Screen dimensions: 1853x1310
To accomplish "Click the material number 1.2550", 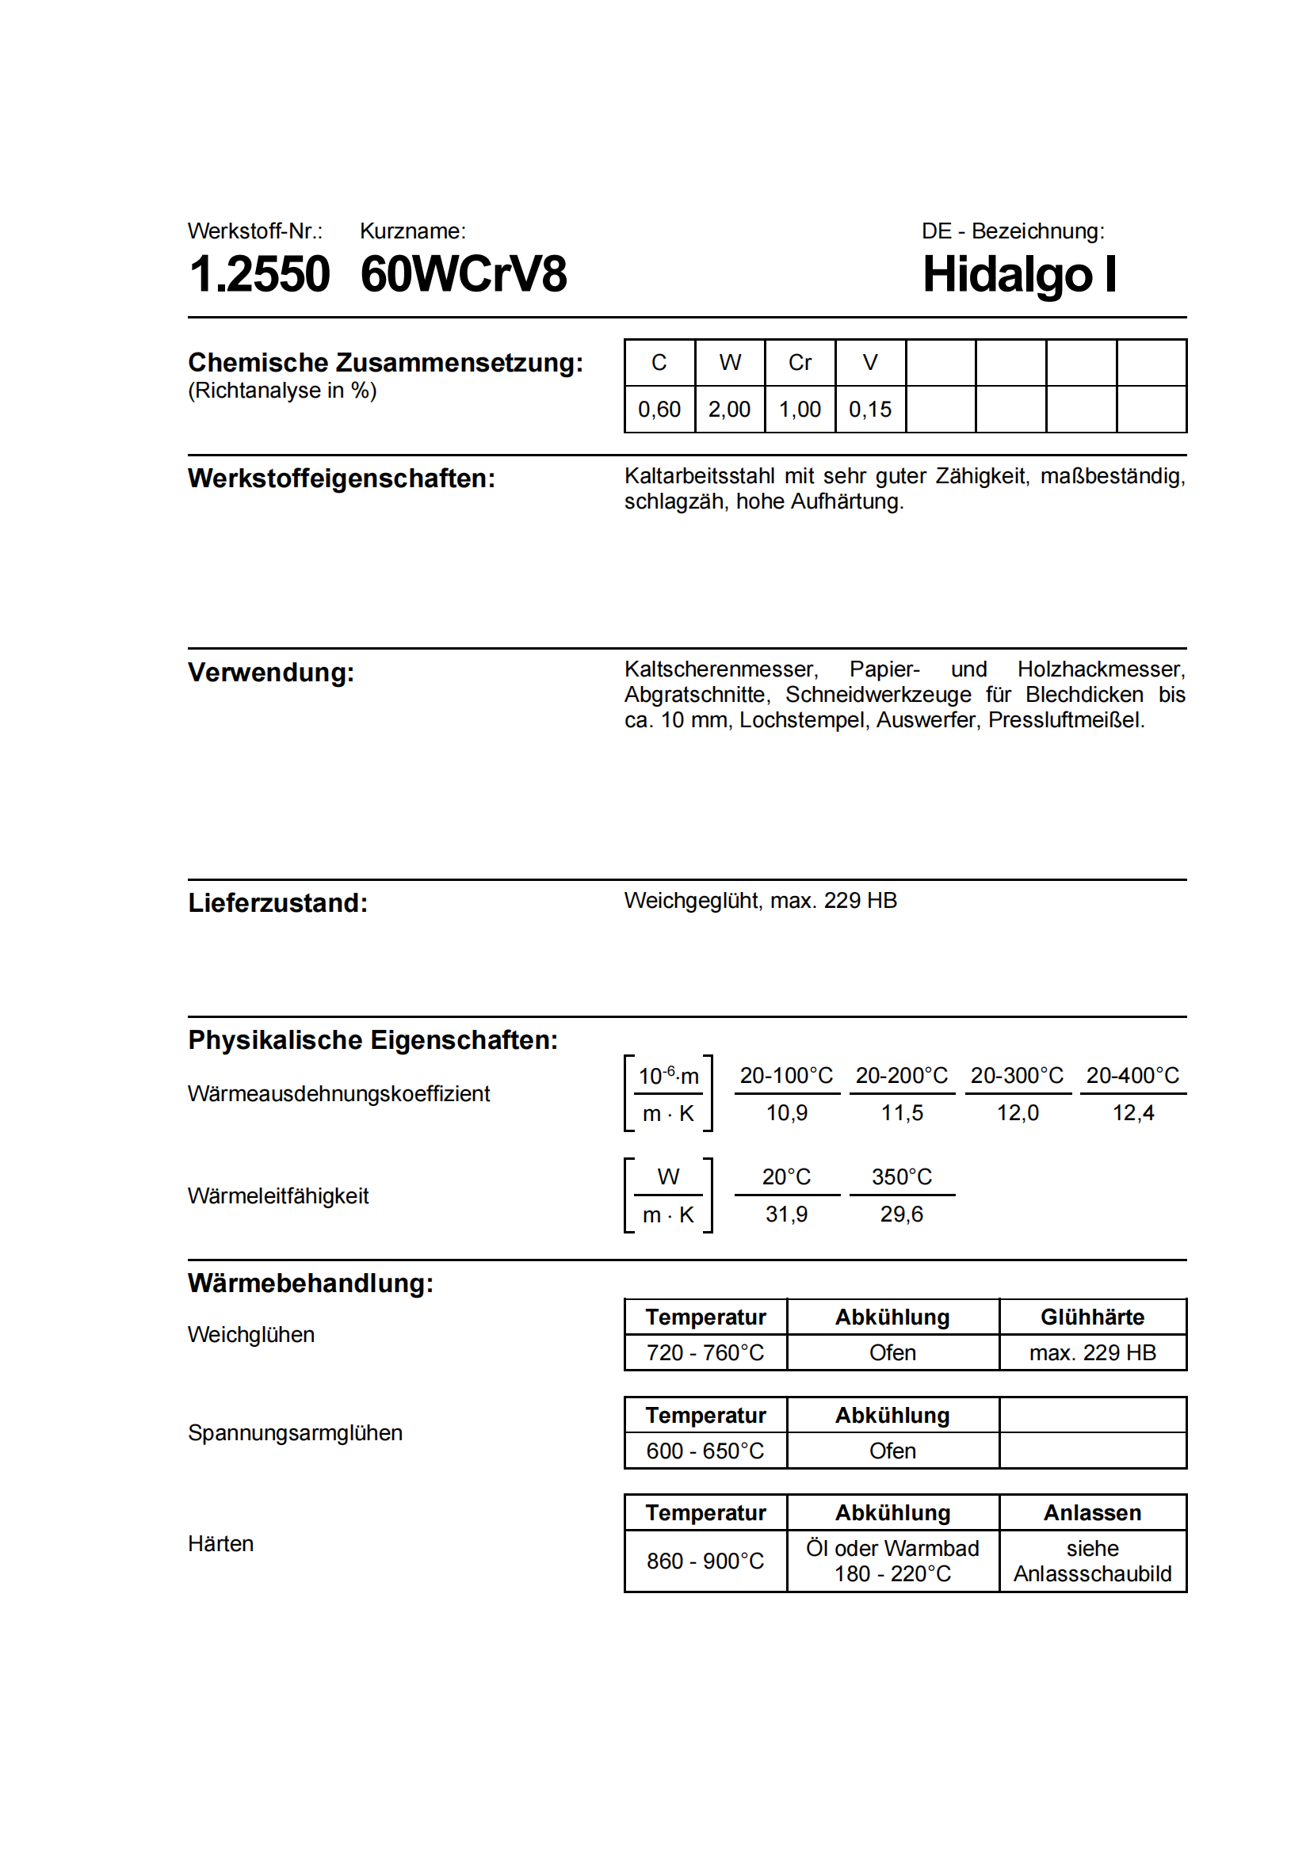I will pyautogui.click(x=259, y=274).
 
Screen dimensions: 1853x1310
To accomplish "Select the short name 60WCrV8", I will pyautogui.click(x=464, y=274).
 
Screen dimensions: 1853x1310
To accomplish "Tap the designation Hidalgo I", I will pyautogui.click(x=1019, y=274).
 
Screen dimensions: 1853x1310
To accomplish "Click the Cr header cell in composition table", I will pyautogui.click(x=799, y=363).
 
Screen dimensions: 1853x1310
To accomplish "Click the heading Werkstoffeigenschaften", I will pyautogui.click(x=342, y=479).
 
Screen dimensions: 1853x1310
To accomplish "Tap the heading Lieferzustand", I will pyautogui.click(x=277, y=903).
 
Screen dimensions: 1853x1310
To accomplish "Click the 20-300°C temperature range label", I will pyautogui.click(x=1017, y=1076).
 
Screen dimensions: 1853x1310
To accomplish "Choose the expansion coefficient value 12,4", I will pyautogui.click(x=1133, y=1114).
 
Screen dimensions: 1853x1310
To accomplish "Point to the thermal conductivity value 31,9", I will pyautogui.click(x=786, y=1214).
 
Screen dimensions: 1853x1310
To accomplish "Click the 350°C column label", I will pyautogui.click(x=902, y=1177).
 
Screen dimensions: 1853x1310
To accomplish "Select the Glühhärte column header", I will pyautogui.click(x=1092, y=1318).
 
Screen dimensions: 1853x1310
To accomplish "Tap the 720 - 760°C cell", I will pyautogui.click(x=705, y=1353).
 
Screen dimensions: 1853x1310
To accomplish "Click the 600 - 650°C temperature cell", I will pyautogui.click(x=705, y=1452).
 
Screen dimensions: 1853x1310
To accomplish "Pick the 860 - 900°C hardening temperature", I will pyautogui.click(x=705, y=1561).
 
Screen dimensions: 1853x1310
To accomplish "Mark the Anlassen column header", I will pyautogui.click(x=1092, y=1513).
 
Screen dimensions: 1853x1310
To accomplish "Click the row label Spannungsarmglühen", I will pyautogui.click(x=296, y=1433).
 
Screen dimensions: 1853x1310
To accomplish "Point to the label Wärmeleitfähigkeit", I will pyautogui.click(x=278, y=1196).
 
